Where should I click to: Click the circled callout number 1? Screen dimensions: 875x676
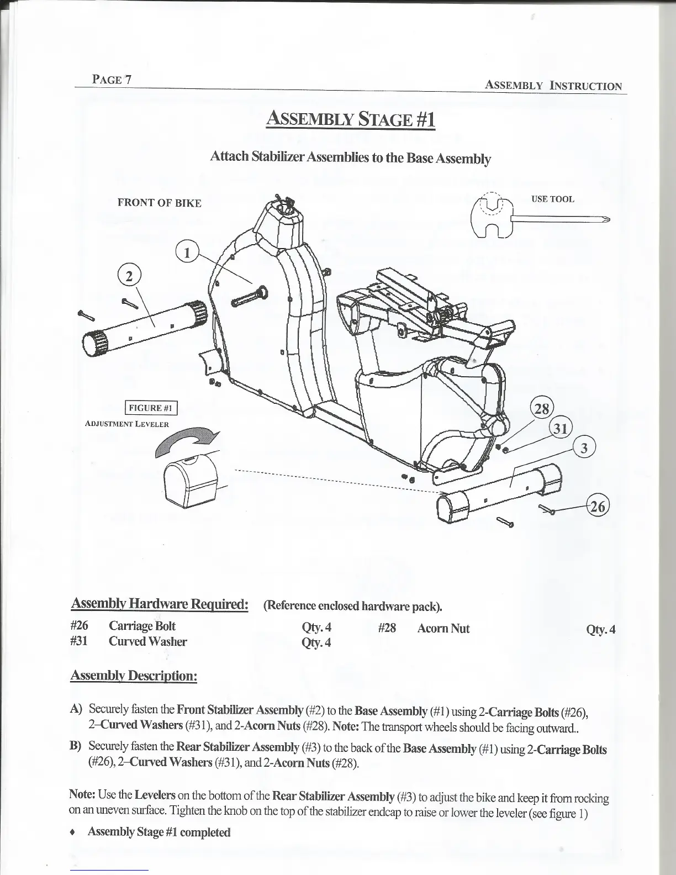187,254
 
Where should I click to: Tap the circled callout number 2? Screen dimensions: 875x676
129,277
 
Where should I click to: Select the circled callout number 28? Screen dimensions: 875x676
542,409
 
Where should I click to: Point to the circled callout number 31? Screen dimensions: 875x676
562,429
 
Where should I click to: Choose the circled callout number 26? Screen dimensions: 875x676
597,505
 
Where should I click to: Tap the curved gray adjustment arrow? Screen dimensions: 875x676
188,441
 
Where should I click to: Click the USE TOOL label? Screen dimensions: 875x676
552,199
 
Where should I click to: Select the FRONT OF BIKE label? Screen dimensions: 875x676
160,203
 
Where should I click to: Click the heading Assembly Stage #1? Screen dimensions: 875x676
351,119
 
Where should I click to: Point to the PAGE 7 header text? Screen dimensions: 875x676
112,79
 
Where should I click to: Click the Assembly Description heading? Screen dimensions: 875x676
134,676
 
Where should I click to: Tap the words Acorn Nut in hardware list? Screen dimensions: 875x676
443,628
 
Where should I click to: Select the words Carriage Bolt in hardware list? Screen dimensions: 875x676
142,626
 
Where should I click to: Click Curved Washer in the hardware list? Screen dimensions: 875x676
148,641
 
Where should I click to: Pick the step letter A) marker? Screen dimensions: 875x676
76,709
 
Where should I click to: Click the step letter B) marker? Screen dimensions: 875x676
76,747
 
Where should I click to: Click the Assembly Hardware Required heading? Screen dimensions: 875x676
159,604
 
